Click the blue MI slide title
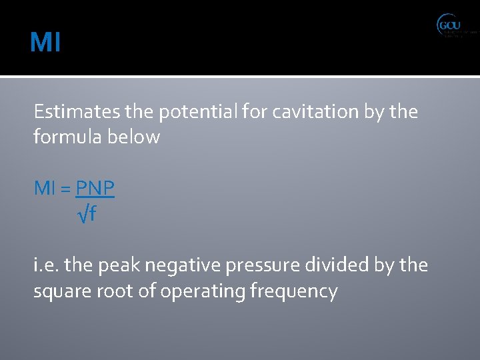pyautogui.click(x=45, y=43)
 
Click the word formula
pyautogui.click(x=61, y=137)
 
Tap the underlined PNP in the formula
pyautogui.click(x=95, y=189)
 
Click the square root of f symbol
pyautogui.click(x=87, y=215)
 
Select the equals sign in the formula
pyautogui.click(x=66, y=189)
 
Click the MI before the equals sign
pyautogui.click(x=45, y=189)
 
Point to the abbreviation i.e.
pyautogui.click(x=46, y=266)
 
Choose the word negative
pyautogui.click(x=174, y=266)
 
